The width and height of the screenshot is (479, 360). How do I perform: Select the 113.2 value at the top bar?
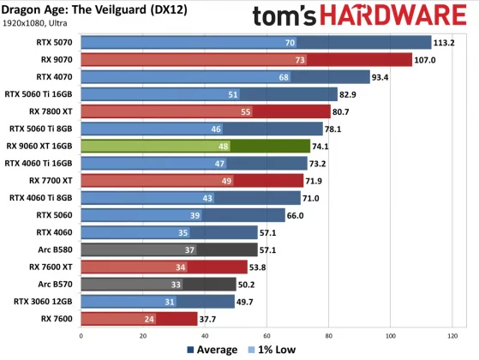446,42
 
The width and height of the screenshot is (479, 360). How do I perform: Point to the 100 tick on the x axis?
391,335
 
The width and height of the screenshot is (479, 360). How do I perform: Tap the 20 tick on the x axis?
145,335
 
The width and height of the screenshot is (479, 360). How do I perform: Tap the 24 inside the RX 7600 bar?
150,319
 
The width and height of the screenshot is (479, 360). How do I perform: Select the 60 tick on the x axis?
268,335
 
